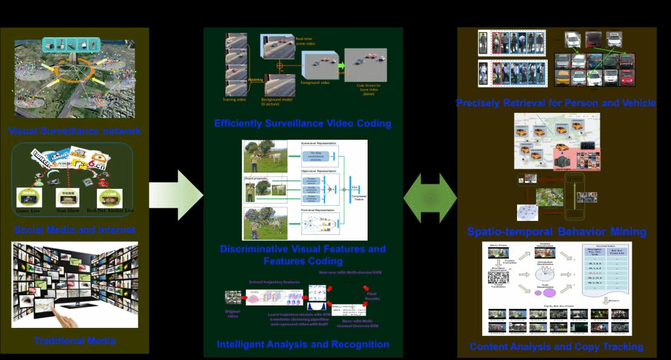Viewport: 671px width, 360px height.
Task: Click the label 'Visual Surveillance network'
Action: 75,132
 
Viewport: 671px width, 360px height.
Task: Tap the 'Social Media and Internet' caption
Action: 75,230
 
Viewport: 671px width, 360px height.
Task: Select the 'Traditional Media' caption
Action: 75,340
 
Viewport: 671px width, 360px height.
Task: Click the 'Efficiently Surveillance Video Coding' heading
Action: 303,123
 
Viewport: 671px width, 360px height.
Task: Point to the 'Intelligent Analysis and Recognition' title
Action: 303,344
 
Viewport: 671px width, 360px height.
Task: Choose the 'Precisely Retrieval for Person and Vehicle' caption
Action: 556,103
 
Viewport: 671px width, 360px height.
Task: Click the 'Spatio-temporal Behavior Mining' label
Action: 556,231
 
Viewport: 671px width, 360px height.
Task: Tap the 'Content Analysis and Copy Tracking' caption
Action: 556,346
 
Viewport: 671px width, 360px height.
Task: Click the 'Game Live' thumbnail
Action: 29,196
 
